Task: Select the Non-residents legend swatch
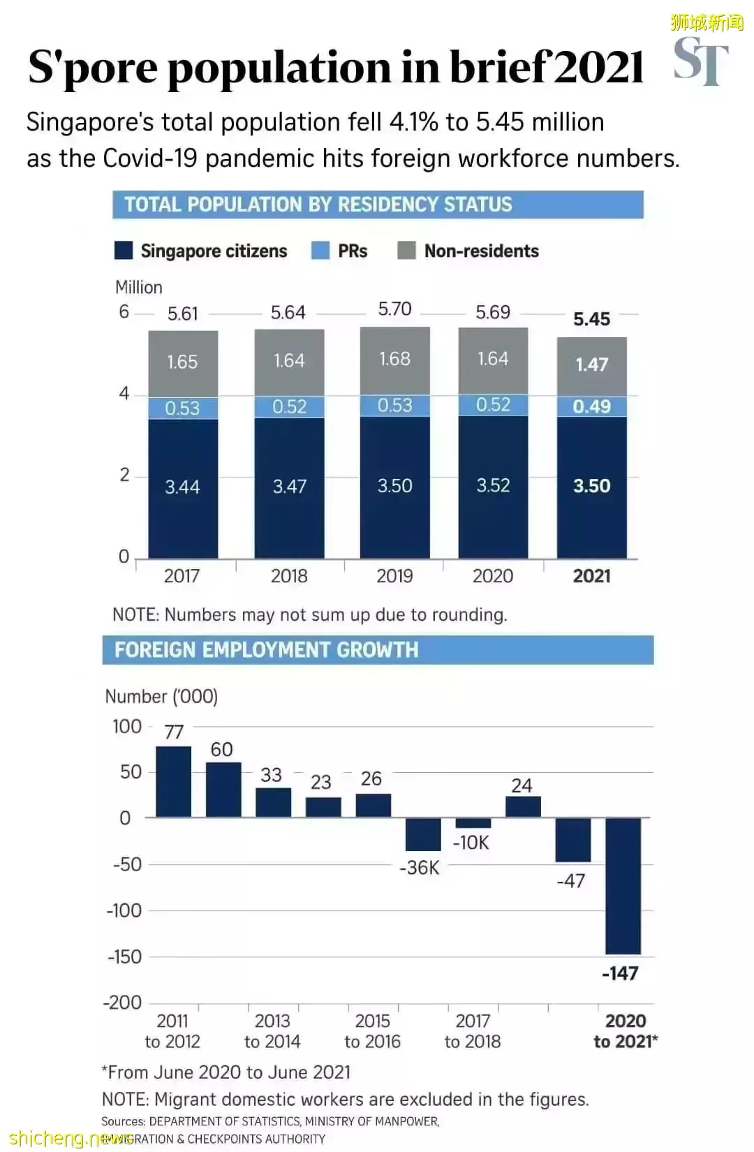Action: [406, 251]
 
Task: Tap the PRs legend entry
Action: [339, 251]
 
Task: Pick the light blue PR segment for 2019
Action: [394, 406]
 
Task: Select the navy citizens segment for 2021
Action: [591, 487]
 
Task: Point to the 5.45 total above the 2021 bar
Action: [591, 319]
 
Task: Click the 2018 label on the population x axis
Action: [289, 576]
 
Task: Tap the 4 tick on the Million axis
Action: [124, 394]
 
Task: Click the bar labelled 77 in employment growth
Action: [173, 781]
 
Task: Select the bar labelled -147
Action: [623, 885]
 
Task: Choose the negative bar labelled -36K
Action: [423, 834]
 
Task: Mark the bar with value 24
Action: [523, 806]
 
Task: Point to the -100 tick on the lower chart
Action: [124, 910]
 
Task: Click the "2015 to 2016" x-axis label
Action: [372, 1031]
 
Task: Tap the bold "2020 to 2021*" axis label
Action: [625, 1031]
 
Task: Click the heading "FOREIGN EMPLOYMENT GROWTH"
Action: [267, 650]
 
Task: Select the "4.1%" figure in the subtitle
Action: [414, 122]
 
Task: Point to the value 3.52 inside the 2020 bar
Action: [493, 486]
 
